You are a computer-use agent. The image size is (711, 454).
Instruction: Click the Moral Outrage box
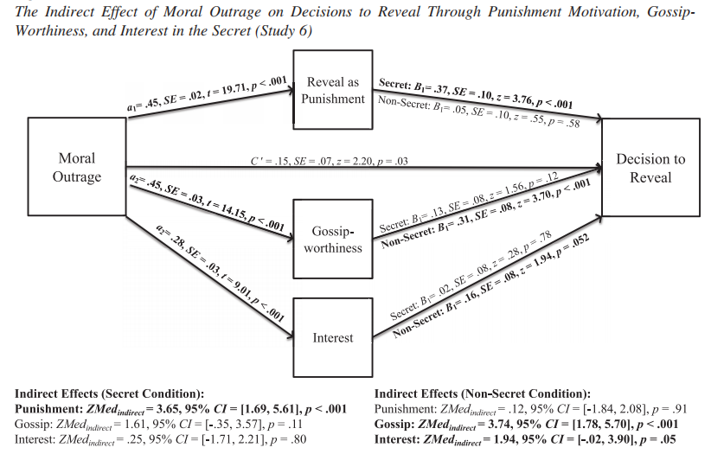[x=77, y=167]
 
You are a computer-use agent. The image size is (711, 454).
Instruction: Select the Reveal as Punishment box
[x=333, y=90]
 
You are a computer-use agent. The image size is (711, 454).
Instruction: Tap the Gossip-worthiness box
[x=333, y=240]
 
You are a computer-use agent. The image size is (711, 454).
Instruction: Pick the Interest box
[x=333, y=337]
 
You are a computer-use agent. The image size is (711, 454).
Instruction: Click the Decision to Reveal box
[x=650, y=168]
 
